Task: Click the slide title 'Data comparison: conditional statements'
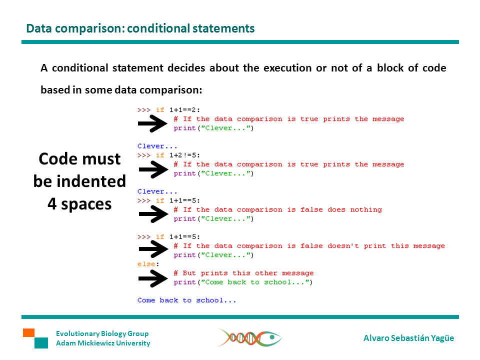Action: point(140,28)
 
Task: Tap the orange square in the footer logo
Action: point(29,333)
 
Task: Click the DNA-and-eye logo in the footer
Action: point(249,337)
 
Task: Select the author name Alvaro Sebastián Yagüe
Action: point(408,338)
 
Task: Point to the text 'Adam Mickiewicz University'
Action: point(103,343)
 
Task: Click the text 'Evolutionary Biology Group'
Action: point(102,333)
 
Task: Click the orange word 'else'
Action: point(146,264)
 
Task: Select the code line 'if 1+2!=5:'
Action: point(178,155)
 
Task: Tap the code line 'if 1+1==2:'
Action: point(178,110)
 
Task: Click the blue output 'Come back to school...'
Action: point(186,300)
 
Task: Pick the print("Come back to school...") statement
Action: point(243,282)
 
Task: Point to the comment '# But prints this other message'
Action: point(243,273)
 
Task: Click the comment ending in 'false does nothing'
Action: point(277,209)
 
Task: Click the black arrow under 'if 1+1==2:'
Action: point(153,123)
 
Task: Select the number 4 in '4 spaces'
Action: point(52,204)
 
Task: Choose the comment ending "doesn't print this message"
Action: point(309,246)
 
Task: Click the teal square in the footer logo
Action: point(41,343)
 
